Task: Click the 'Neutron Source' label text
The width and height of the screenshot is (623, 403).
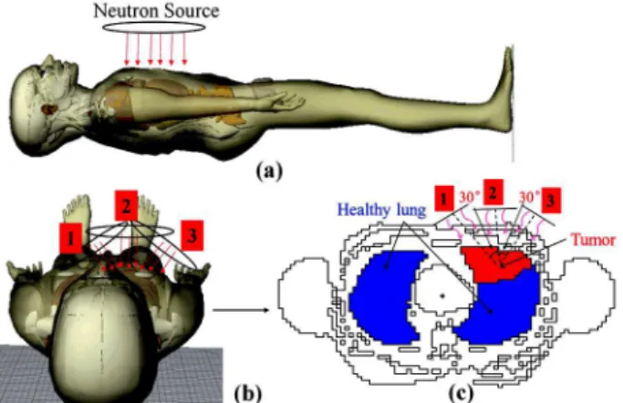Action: click(x=156, y=10)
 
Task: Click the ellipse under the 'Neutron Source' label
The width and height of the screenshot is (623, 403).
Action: click(x=154, y=22)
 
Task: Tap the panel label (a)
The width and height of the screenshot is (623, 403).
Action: click(x=269, y=171)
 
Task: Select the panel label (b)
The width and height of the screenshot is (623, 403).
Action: click(x=248, y=394)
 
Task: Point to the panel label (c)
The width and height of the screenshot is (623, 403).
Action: click(x=461, y=394)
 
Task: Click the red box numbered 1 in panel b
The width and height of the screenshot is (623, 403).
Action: click(x=71, y=238)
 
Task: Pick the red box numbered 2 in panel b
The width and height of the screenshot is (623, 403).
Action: click(x=127, y=205)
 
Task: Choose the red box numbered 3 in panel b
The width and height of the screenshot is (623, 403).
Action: click(x=192, y=235)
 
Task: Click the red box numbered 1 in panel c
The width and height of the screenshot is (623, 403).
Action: click(x=444, y=197)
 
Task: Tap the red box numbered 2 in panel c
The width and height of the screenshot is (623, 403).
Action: click(x=493, y=192)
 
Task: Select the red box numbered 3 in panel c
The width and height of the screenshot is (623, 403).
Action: click(x=551, y=200)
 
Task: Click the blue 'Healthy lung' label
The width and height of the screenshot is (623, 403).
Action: click(x=381, y=210)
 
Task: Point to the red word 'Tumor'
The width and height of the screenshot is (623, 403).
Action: click(x=593, y=240)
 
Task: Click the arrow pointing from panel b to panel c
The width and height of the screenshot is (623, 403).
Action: click(x=242, y=309)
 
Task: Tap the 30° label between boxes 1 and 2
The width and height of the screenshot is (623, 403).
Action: click(x=469, y=197)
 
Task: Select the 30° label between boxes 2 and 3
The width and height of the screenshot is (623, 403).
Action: click(x=529, y=197)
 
